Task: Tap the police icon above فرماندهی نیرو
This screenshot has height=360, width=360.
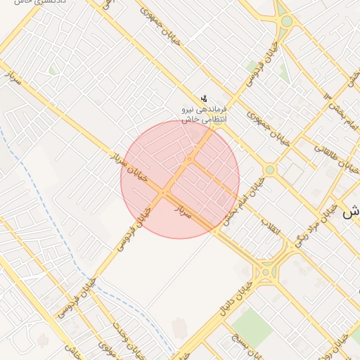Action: pos(204,98)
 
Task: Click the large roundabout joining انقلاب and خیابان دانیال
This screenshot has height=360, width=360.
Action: pos(267,271)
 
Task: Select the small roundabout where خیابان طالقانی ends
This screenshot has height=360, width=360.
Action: pos(269,169)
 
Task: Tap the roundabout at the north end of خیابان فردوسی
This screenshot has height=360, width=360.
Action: pos(286,21)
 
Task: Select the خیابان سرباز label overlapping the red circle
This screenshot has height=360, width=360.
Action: pos(134,169)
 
